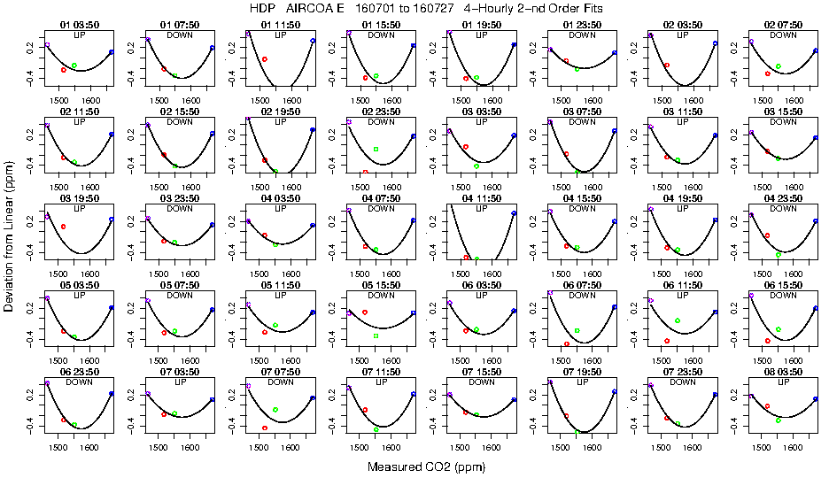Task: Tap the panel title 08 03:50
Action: (783, 373)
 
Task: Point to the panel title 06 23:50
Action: (79, 373)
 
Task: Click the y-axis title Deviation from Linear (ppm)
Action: (9, 239)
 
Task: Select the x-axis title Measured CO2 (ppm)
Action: (415, 466)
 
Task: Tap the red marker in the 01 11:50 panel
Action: (265, 58)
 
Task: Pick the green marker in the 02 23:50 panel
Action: (376, 149)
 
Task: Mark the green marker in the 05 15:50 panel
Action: (376, 336)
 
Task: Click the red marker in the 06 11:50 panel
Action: (667, 340)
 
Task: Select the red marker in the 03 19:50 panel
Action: (64, 227)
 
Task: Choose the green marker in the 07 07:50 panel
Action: (275, 410)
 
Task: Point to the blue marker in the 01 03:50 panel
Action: (112, 52)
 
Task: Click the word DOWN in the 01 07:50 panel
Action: (180, 35)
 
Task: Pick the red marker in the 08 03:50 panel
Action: (767, 405)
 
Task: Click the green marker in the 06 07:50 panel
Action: (577, 330)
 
